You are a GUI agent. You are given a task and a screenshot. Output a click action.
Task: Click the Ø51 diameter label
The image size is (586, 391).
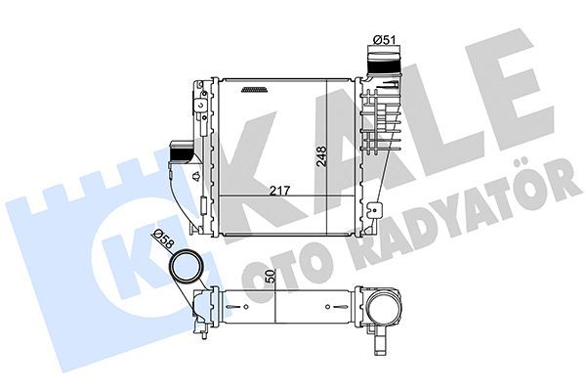tap(382, 39)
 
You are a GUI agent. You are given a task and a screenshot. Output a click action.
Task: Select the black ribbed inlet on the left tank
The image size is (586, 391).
tap(182, 152)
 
